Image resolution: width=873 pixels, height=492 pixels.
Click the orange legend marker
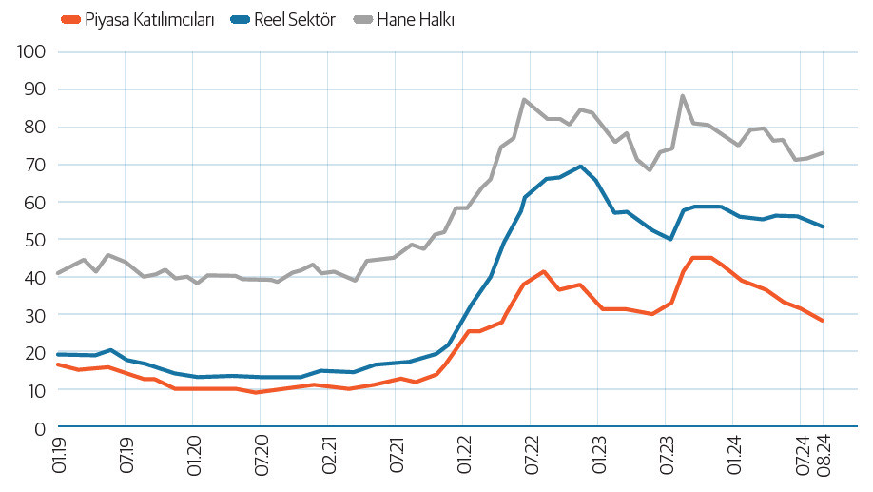(x=69, y=19)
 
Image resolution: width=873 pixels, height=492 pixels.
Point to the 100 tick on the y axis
(x=31, y=51)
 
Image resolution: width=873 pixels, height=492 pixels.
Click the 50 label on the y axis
(x=35, y=240)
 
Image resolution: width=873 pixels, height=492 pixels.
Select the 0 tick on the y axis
(x=40, y=428)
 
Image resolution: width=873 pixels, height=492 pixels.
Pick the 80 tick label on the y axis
(x=35, y=128)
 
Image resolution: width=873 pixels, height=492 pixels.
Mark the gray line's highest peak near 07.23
(x=683, y=95)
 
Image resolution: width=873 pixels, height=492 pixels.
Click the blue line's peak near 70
(x=580, y=166)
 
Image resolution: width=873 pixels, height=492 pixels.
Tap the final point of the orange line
(x=823, y=321)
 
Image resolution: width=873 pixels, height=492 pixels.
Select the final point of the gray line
(x=823, y=152)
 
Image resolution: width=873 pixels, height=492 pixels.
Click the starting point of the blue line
(x=58, y=354)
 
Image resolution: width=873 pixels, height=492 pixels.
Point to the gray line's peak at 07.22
(x=525, y=99)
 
